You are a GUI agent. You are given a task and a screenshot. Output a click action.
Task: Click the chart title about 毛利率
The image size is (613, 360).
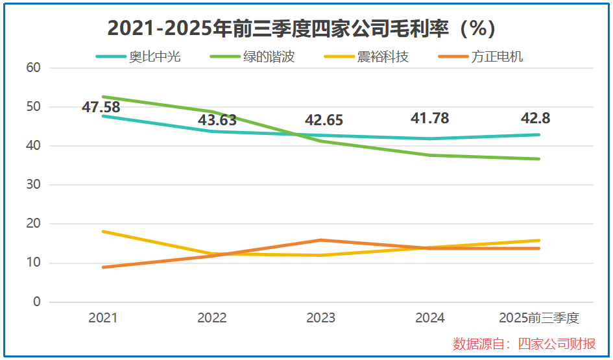coord(301,29)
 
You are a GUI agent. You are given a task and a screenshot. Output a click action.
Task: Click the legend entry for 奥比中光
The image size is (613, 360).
coord(154,56)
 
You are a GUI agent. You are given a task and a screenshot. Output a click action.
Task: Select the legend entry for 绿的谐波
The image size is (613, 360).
coord(269,56)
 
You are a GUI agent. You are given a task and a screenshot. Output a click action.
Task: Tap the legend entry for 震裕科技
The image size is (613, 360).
coord(383,56)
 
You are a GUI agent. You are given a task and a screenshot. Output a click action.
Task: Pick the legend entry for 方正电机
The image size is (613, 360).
coord(497,56)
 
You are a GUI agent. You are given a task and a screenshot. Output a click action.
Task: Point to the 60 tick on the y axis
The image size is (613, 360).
coord(34,67)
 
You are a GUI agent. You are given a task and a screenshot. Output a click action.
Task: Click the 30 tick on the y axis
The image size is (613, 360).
coord(34,185)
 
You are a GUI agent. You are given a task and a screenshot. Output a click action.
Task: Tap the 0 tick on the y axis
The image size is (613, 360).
coord(37,302)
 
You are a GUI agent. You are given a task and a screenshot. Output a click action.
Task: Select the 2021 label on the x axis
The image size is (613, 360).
coord(103,318)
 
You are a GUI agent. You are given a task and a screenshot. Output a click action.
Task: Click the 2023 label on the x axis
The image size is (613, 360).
coord(321,318)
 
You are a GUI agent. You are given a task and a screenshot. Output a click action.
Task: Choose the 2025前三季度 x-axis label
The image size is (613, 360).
coord(538,318)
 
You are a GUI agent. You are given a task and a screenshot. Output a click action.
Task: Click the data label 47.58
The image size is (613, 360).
coord(101,107)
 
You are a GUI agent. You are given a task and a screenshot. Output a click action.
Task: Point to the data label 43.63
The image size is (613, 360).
coord(217,121)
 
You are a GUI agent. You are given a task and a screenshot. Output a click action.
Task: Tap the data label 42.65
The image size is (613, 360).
coord(324,121)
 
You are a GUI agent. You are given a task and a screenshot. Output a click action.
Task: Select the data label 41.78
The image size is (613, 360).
coord(429,119)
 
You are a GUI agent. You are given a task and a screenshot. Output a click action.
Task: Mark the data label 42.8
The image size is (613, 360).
coord(535,119)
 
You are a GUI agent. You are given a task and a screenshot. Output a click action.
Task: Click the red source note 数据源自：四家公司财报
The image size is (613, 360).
coord(524,344)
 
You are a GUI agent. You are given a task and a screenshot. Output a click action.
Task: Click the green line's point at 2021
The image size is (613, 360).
coord(104,97)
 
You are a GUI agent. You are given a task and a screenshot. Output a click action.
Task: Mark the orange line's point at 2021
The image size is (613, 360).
coord(104,267)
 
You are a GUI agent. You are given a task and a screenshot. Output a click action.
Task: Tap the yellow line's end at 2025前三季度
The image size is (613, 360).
coord(538,241)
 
